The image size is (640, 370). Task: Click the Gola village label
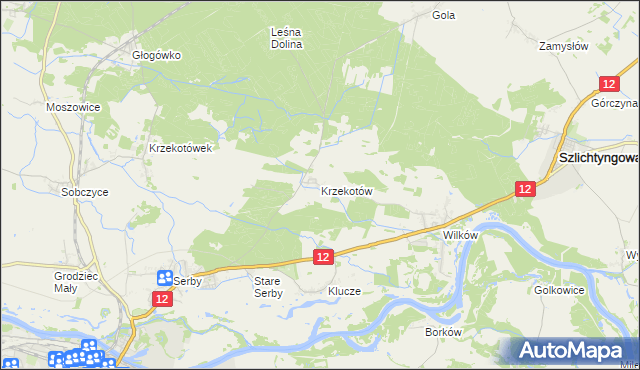point(443,15)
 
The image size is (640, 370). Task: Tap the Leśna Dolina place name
point(287,38)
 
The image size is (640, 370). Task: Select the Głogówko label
point(156,55)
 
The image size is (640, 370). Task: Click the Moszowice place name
point(70,106)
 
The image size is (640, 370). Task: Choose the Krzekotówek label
point(180,148)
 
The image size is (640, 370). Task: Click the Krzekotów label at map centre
point(347,190)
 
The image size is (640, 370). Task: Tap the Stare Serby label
point(268,288)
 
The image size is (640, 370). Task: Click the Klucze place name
point(344,291)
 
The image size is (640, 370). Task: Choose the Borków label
point(442,331)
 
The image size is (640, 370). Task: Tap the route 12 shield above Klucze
point(322,257)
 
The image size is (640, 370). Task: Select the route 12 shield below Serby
point(162,299)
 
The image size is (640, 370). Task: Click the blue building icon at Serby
point(165,280)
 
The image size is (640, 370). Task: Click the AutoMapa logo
point(572,351)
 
